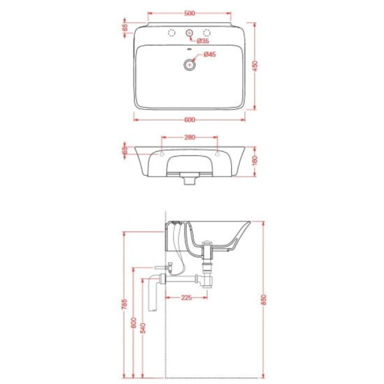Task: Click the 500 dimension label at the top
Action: [x=190, y=13]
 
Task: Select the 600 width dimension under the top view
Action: [x=190, y=120]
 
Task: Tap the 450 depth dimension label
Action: [x=255, y=66]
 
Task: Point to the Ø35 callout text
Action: [x=203, y=41]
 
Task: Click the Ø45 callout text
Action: [x=210, y=54]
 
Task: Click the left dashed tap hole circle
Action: [x=172, y=32]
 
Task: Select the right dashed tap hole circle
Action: [x=207, y=32]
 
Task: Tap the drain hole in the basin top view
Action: [x=190, y=65]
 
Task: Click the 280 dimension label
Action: [x=190, y=137]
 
